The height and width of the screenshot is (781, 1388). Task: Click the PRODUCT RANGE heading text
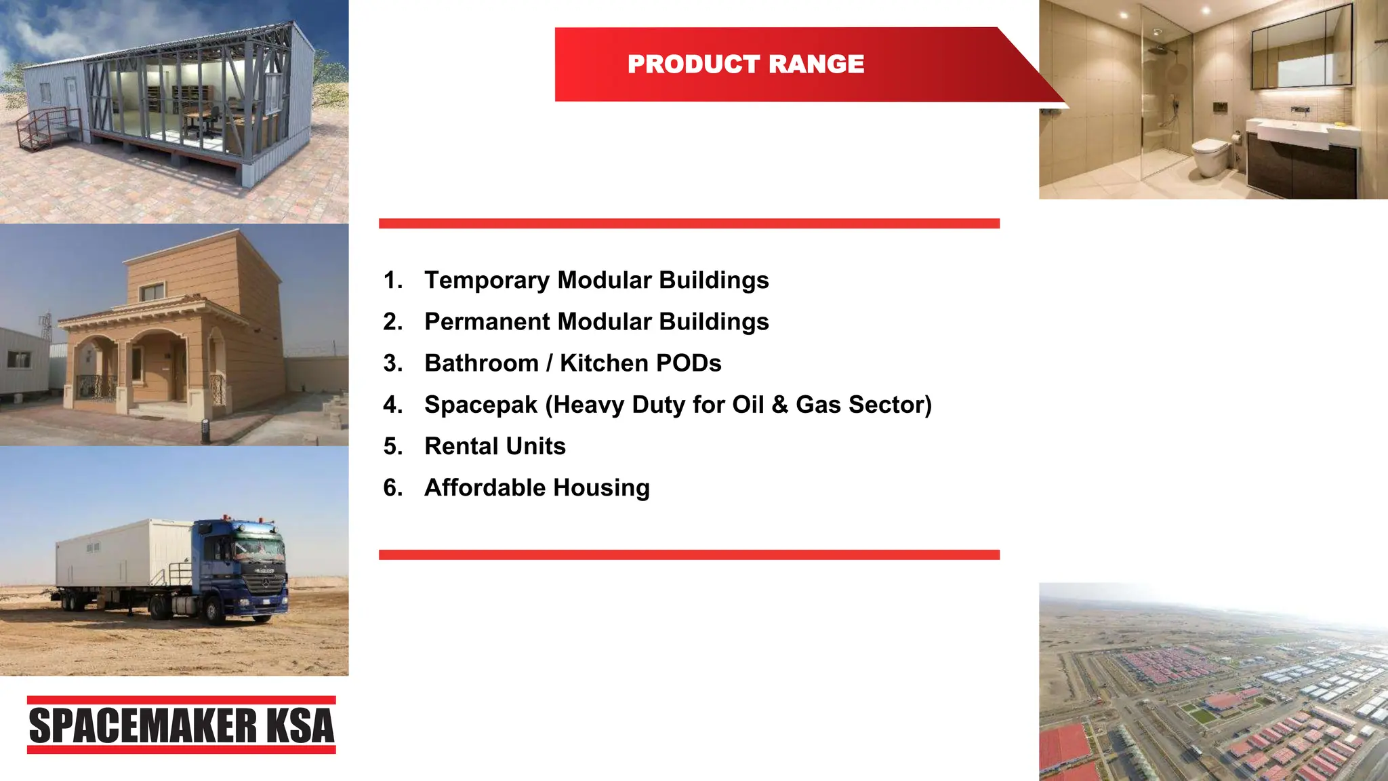click(x=746, y=64)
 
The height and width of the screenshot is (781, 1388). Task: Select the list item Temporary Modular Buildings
click(x=596, y=280)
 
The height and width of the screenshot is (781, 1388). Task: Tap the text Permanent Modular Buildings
click(x=596, y=321)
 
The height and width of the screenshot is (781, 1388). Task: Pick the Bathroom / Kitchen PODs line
click(x=573, y=363)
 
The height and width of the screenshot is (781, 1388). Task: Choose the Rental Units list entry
click(x=495, y=446)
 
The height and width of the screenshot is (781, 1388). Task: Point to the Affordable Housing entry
click(x=537, y=487)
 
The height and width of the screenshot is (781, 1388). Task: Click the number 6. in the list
click(x=393, y=487)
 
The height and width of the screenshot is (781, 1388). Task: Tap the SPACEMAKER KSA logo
click(x=182, y=725)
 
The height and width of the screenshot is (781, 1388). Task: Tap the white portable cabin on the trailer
click(x=125, y=553)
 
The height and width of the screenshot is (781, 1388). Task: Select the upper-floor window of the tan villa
click(x=152, y=292)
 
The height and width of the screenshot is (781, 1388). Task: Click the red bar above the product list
click(x=689, y=224)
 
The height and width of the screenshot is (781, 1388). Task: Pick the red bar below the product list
click(x=689, y=555)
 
